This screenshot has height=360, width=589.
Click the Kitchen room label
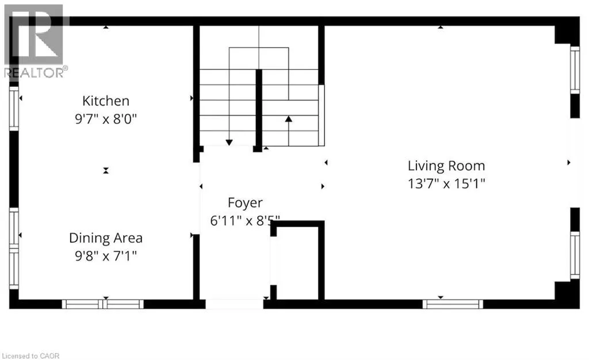click(x=106, y=101)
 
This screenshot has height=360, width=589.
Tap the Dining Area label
click(x=106, y=238)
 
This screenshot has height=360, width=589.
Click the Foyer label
click(x=245, y=202)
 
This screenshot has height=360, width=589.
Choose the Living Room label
click(x=446, y=166)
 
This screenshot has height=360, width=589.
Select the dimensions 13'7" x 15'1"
click(x=446, y=184)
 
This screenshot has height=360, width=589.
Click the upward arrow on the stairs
click(x=288, y=119)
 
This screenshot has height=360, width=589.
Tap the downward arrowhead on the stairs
click(x=229, y=142)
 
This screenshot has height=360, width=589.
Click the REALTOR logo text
click(x=35, y=72)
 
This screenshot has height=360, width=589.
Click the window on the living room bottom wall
click(x=453, y=304)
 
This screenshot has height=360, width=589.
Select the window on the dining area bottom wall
click(x=103, y=304)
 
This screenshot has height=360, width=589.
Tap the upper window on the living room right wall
click(x=575, y=70)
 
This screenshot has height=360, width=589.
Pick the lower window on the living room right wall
click(x=575, y=255)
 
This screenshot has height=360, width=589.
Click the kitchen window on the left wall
click(x=14, y=108)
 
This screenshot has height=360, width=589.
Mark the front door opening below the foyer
click(x=234, y=304)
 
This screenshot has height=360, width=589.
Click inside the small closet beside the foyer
click(x=297, y=262)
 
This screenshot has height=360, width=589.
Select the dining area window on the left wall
click(x=14, y=248)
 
